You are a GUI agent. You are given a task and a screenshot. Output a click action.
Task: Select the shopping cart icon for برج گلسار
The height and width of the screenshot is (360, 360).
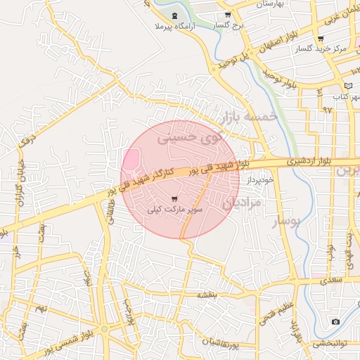click(228, 15)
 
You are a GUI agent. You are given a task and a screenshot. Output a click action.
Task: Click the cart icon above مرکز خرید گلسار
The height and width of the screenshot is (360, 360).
click(321, 39)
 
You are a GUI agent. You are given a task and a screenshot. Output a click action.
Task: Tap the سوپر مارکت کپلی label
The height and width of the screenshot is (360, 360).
click(175, 210)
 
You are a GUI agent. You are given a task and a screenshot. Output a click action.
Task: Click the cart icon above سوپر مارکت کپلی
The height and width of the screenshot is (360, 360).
click(174, 199)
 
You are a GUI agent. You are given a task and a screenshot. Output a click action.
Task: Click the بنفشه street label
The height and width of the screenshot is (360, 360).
click(212, 295)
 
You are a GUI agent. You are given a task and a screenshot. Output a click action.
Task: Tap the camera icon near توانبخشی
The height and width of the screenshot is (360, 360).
click(335, 322)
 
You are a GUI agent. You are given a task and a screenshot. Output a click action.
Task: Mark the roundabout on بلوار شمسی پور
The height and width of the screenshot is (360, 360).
click(104, 329)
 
